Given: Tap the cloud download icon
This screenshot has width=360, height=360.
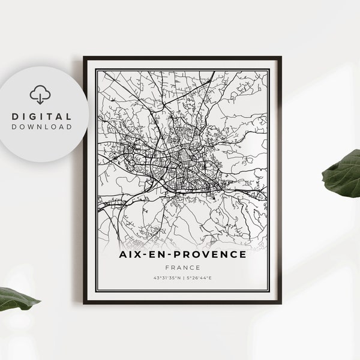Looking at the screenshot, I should (40, 94).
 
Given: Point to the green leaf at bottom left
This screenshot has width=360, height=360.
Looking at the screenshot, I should (18, 298).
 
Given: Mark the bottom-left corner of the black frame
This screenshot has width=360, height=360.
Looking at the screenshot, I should (85, 303).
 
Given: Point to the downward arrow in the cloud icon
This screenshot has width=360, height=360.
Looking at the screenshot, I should (40, 98).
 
